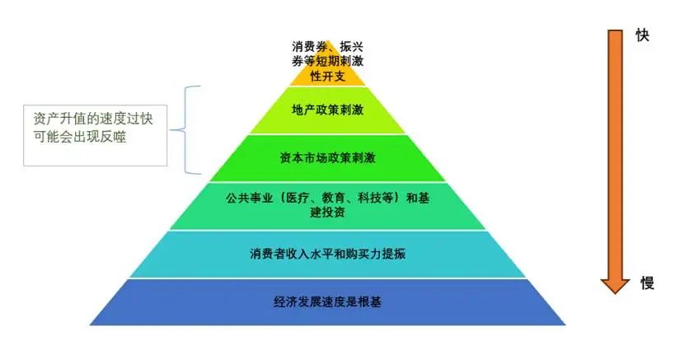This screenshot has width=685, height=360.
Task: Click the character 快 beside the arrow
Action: [642, 36]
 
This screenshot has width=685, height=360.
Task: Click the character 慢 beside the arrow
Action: [647, 283]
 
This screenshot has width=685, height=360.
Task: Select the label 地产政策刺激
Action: [327, 110]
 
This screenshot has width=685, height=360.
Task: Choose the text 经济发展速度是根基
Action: [327, 302]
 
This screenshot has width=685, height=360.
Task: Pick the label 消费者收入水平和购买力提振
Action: [327, 254]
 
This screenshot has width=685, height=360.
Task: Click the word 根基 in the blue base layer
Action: [370, 302]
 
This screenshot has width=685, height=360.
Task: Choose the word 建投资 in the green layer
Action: [327, 213]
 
